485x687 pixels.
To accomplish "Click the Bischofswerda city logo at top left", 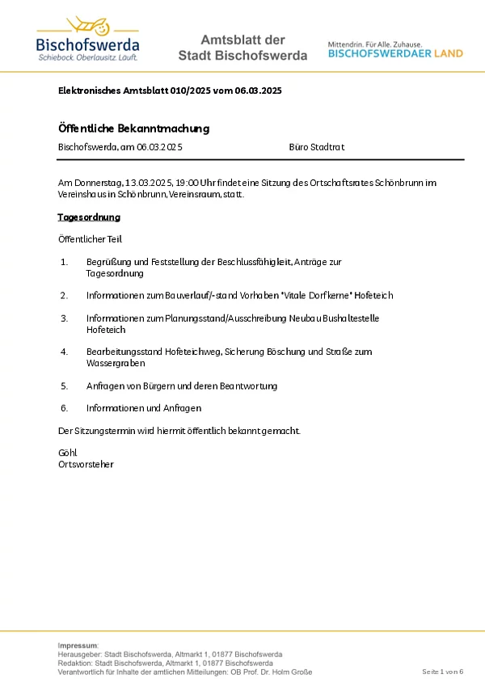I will (x=87, y=40).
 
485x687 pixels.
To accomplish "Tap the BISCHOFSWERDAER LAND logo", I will (x=395, y=49).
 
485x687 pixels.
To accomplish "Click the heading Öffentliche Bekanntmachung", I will (x=134, y=129).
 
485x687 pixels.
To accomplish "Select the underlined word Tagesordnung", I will (x=89, y=217).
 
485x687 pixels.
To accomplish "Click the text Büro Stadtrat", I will (x=316, y=147).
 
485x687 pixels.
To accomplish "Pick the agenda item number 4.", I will (x=64, y=352).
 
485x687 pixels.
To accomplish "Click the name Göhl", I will (x=67, y=453).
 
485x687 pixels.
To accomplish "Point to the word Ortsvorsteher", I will (x=86, y=464).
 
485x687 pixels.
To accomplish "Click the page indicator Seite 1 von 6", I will (x=442, y=672).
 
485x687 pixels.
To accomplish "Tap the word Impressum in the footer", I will (x=78, y=645).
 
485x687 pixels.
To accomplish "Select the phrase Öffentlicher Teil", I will (x=90, y=239).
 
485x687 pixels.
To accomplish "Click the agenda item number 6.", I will (x=64, y=408).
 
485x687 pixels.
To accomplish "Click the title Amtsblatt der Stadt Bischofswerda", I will (x=242, y=48).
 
